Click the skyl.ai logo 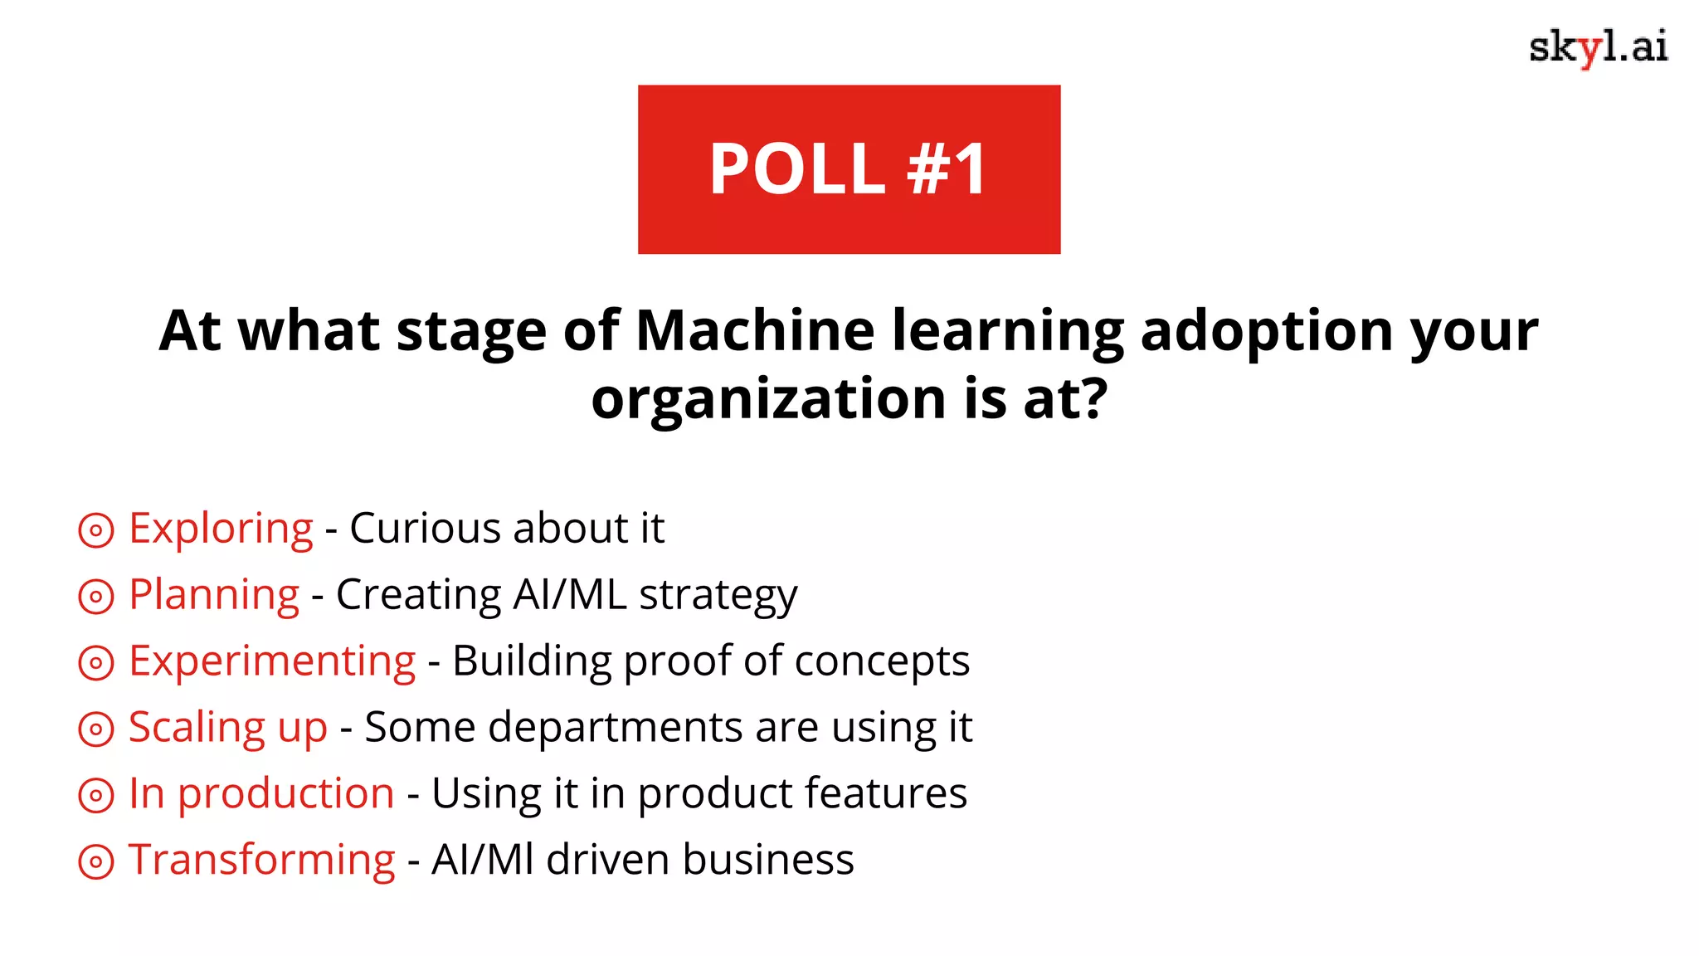1597,47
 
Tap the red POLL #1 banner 849,169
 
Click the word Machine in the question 755,330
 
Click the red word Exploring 221,529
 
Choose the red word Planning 213,595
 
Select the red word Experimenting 272,661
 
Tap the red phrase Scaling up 228,728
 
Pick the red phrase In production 261,793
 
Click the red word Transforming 261,860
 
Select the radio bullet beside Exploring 96,530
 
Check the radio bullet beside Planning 96,597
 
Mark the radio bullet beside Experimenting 96,663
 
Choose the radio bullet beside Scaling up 96,729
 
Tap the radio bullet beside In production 96,795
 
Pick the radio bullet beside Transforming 96,861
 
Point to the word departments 615,728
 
